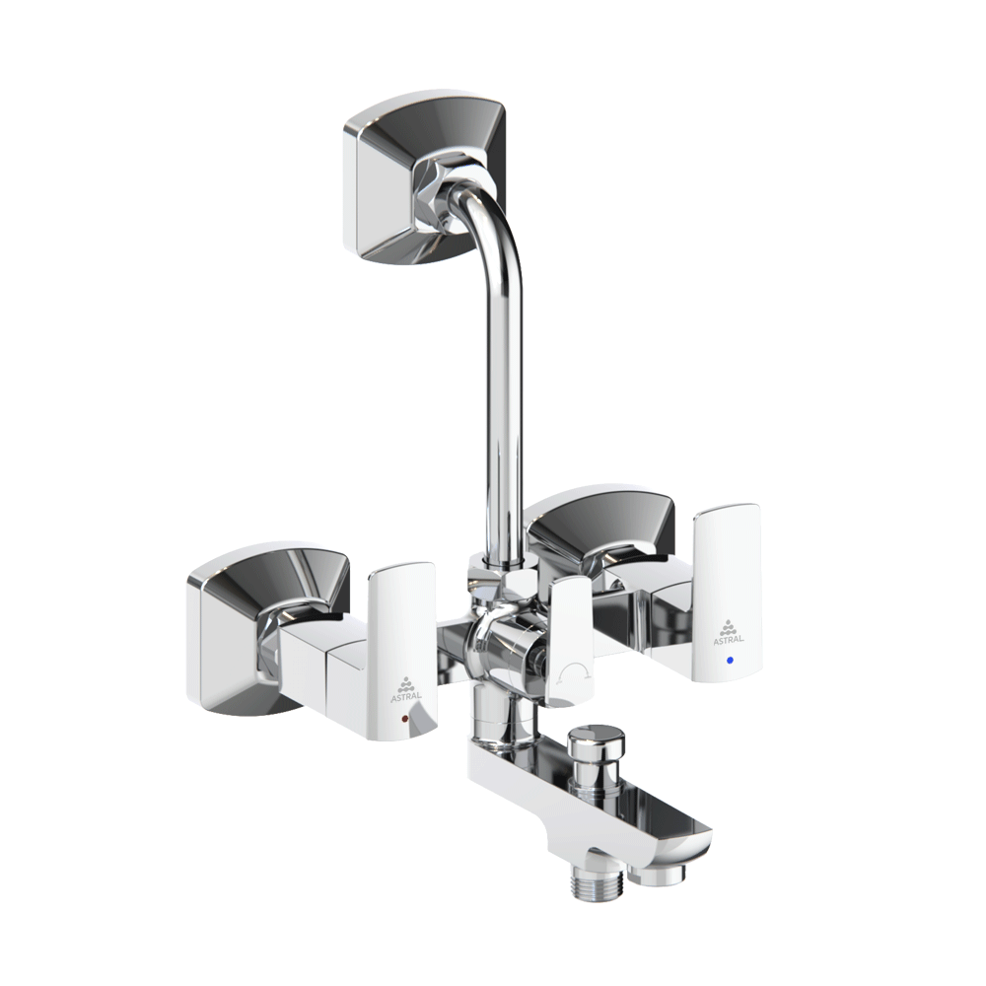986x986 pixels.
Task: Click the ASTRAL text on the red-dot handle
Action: pyautogui.click(x=407, y=696)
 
